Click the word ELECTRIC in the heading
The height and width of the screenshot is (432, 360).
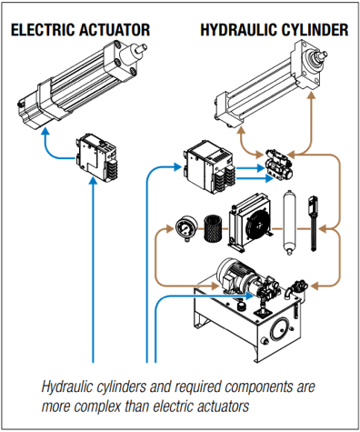[x=42, y=30]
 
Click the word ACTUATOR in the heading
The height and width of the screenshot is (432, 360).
[x=114, y=30]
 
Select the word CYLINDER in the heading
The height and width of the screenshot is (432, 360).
[x=315, y=30]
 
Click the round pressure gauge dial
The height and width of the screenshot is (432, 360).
[x=186, y=227]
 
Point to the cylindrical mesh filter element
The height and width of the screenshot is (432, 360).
[x=213, y=228]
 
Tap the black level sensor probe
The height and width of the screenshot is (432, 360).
[x=313, y=224]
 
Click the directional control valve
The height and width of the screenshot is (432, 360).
[x=279, y=165]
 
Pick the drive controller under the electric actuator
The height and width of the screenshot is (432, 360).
[x=96, y=157]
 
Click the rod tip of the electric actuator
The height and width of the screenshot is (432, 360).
[x=144, y=47]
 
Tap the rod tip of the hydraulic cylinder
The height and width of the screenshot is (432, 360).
[x=325, y=55]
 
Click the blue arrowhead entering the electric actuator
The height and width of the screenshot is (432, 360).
[x=45, y=131]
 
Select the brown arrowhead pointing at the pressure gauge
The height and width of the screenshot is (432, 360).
[x=171, y=228]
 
